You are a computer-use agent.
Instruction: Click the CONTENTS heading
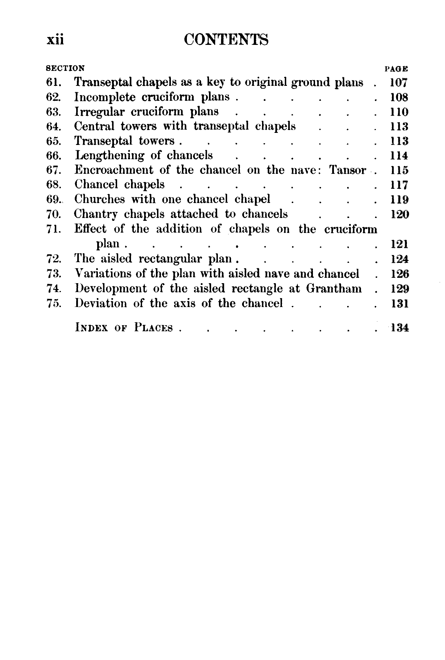point(226,40)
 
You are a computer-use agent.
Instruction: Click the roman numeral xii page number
point(55,40)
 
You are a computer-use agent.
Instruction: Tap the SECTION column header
point(66,68)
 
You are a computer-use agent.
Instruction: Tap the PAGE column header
point(396,69)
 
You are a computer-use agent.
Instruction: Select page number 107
point(398,83)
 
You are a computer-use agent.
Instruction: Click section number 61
point(54,83)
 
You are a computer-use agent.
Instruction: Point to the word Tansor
point(347,170)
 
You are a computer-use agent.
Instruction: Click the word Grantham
point(334,288)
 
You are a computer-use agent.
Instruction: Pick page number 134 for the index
point(399,328)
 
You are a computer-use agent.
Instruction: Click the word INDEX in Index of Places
point(91,328)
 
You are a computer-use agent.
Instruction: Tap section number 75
point(54,303)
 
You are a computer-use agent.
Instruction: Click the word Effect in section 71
point(90,229)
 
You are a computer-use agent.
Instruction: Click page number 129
point(399,289)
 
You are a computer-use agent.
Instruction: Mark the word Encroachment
point(114,170)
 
